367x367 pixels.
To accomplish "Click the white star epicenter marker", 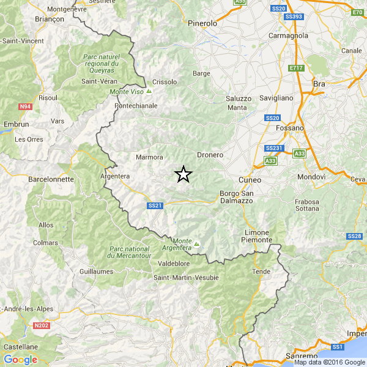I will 183,174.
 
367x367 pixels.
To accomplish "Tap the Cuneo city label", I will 250,180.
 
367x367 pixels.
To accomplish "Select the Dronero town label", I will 210,155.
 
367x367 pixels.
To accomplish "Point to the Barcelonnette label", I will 51,180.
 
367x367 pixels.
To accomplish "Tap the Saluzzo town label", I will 239,98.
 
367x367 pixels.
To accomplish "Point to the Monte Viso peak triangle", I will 149,92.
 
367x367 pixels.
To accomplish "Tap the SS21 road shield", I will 155,206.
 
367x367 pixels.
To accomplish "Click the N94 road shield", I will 25,106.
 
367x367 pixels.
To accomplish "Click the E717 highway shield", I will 297,68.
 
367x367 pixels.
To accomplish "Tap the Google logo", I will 20,359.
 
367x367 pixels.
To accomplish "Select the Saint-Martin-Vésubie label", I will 186,278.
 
